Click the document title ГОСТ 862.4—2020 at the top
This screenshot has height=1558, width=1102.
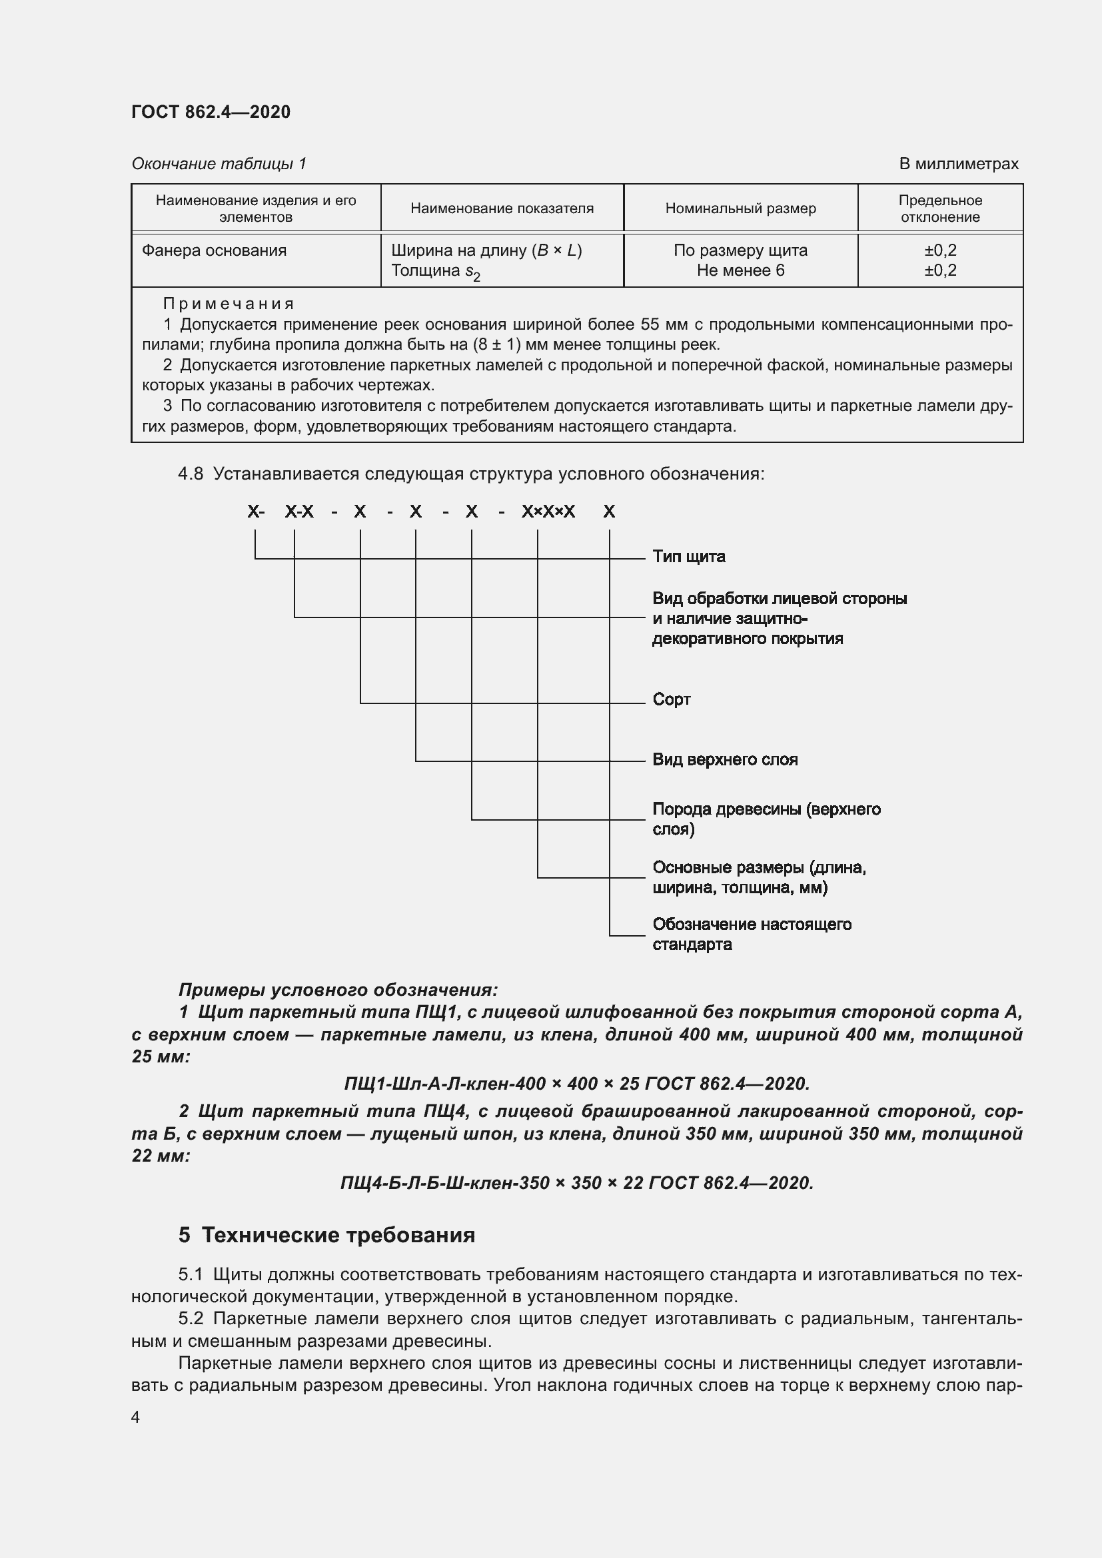click(211, 112)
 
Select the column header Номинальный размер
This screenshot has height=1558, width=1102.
click(740, 208)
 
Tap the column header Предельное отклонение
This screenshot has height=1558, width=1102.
click(940, 208)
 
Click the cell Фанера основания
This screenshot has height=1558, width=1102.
click(215, 250)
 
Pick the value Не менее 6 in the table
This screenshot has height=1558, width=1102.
click(740, 270)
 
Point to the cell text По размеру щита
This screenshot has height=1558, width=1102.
click(740, 250)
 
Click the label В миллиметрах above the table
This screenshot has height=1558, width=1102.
click(958, 164)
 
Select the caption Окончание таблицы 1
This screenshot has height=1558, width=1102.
click(219, 164)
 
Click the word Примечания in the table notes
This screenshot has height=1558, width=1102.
click(229, 304)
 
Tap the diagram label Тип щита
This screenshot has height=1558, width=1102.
click(688, 556)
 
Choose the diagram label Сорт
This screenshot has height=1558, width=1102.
click(671, 699)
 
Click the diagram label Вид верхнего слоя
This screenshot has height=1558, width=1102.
click(725, 759)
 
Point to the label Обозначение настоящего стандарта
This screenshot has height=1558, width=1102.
click(751, 934)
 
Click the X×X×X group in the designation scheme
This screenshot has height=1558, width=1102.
click(548, 512)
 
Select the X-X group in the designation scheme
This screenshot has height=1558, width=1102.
click(299, 512)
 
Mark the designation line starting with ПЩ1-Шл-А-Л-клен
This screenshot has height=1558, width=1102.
click(577, 1084)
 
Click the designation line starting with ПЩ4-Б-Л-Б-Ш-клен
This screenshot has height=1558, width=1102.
click(577, 1183)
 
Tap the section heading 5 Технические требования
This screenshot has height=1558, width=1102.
click(326, 1234)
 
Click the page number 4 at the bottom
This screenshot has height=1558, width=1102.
click(136, 1417)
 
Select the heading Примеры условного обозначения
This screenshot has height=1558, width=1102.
click(338, 989)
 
